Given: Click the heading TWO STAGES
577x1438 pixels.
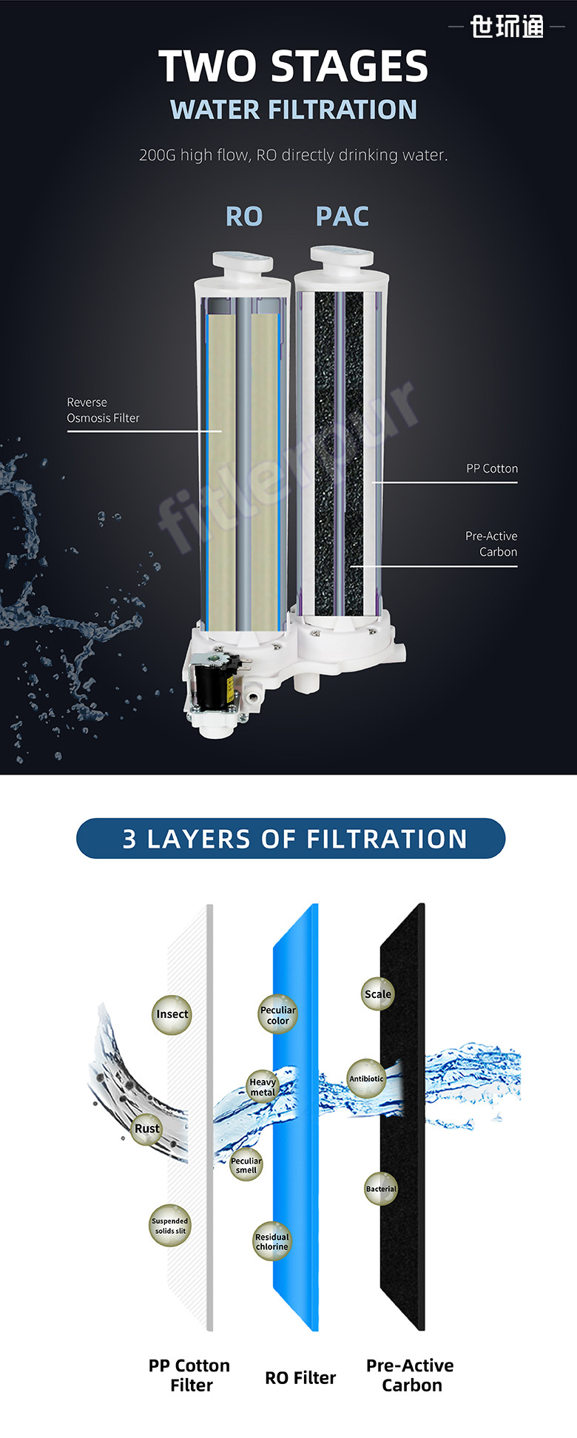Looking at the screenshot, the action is coord(294,67).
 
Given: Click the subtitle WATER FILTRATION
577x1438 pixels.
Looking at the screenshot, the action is coord(294,110).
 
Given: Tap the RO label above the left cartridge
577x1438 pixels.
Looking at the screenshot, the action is coord(244,217).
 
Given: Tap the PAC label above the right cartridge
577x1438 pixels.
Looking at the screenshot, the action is coord(343,217).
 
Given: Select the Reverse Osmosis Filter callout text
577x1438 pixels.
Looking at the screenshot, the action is coord(103,410).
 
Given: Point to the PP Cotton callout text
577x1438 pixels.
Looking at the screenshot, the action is coord(492,468).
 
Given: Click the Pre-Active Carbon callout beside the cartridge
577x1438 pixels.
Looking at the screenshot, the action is coord(491,544).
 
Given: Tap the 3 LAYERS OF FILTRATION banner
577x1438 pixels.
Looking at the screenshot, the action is coord(291,839).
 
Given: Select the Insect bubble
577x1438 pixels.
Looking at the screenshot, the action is coord(172,1014).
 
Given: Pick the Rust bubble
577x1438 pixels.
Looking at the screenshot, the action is coord(146,1129).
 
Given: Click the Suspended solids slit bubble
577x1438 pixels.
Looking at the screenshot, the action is coord(170,1226).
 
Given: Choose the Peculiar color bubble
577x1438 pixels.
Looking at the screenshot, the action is coord(278,1015).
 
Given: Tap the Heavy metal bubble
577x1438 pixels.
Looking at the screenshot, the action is coord(263,1087).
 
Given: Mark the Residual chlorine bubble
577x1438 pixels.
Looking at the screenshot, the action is coord(272,1241).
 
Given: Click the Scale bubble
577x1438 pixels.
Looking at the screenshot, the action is coord(377,994).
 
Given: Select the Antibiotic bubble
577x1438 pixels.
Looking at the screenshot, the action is coord(366,1078).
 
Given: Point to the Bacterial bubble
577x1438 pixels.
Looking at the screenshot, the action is coord(381,1189).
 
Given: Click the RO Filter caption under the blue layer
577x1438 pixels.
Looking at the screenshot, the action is coord(300,1378).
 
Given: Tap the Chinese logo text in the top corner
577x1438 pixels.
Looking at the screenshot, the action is coord(507,27).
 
